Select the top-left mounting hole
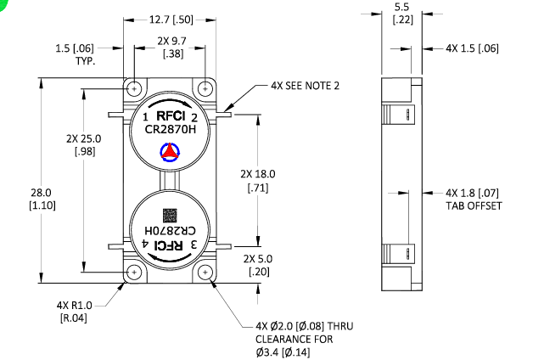(135, 89)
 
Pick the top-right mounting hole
(207, 89)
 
